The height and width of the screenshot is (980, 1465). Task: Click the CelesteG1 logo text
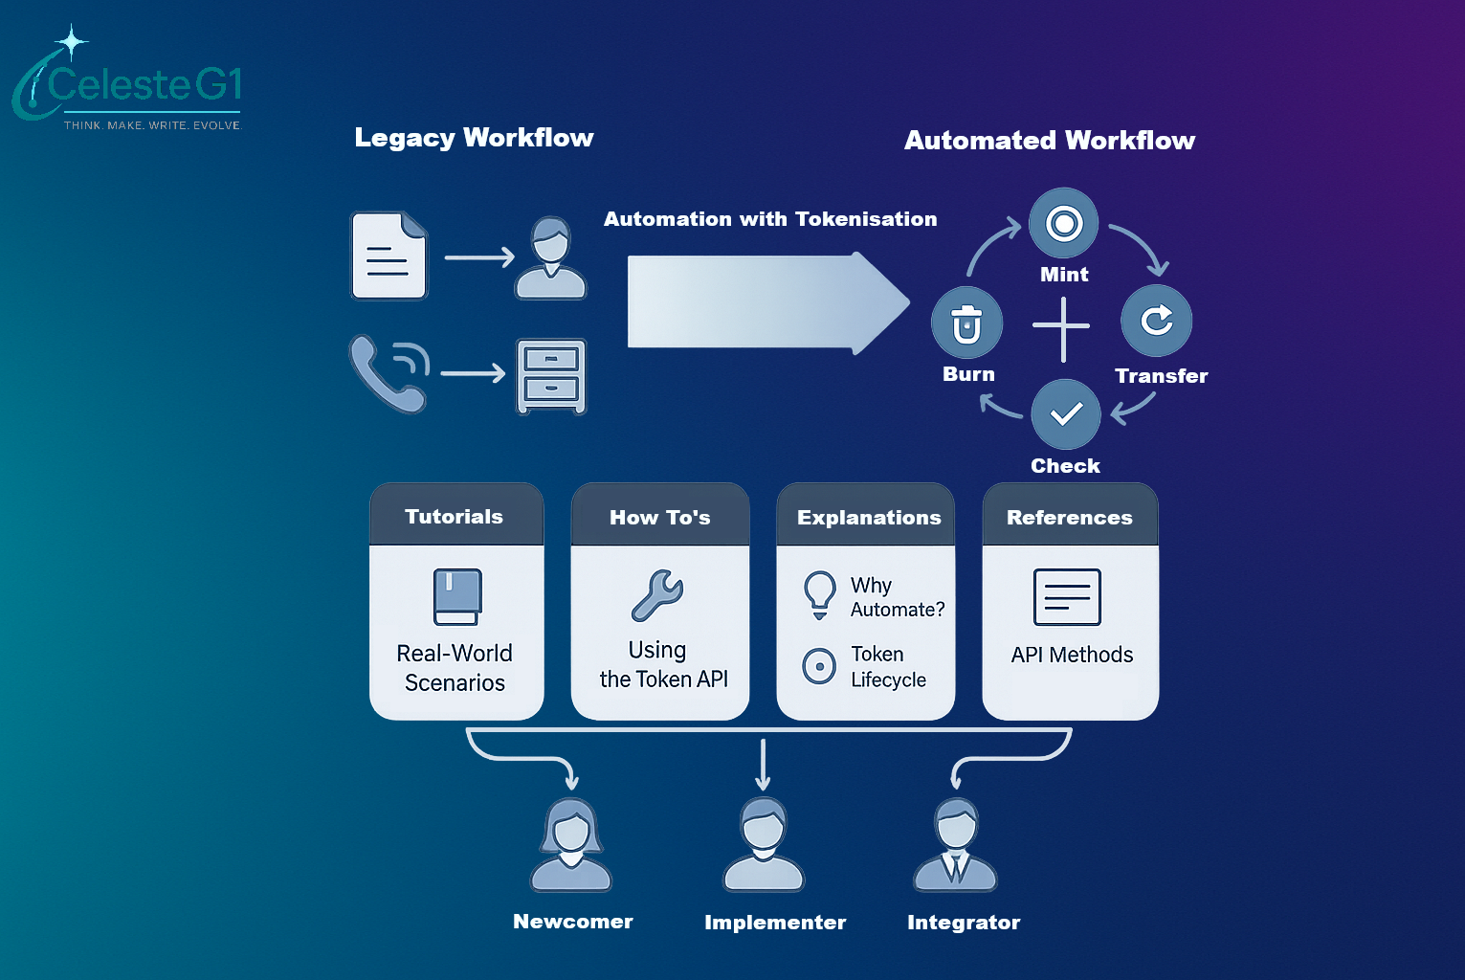(x=144, y=85)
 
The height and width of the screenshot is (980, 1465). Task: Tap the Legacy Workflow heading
(x=474, y=138)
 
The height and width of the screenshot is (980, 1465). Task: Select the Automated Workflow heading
(x=1050, y=141)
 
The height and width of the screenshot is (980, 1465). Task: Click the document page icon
(x=388, y=256)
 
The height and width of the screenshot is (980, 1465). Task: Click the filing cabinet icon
(x=551, y=375)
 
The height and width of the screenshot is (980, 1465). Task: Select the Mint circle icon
(x=1063, y=223)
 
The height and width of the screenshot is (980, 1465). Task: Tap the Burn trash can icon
(x=966, y=323)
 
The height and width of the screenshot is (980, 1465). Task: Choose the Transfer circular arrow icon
(x=1156, y=320)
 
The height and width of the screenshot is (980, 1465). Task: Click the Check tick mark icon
(x=1065, y=414)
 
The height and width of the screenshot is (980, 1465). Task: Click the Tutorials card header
(x=455, y=517)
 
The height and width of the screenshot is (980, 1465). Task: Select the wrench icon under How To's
(x=657, y=595)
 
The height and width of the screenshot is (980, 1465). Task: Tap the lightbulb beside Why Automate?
(x=819, y=594)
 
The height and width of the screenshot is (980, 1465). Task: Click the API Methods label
(x=1072, y=655)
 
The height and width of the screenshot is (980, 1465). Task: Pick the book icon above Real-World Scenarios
(x=457, y=597)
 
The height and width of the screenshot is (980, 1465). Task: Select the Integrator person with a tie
(x=955, y=844)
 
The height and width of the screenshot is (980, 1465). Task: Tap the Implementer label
(x=775, y=923)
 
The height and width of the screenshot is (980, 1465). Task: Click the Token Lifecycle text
(x=888, y=666)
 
